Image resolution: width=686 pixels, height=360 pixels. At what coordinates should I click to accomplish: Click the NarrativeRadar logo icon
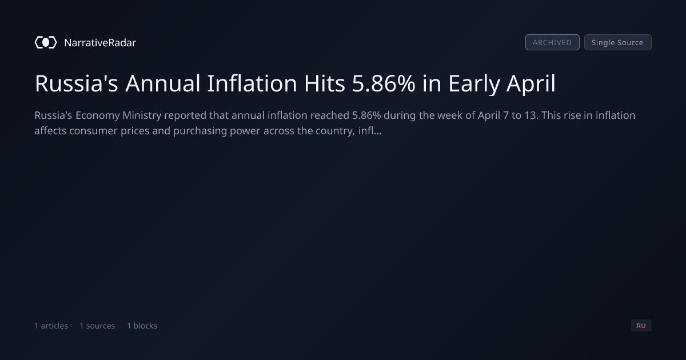46,42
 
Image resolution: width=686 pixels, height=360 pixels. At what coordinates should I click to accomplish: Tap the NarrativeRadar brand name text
100,42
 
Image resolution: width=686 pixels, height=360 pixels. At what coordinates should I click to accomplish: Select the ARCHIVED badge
552,42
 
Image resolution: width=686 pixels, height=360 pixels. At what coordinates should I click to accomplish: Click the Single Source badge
618,42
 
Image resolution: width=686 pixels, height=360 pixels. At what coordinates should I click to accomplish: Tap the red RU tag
641,325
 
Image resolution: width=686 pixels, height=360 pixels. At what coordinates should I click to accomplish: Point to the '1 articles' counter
51,326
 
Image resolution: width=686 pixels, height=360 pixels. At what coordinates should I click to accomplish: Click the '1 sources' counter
97,326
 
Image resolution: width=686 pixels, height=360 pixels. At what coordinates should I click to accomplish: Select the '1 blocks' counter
142,326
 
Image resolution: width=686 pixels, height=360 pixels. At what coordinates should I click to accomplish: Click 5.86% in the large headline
384,83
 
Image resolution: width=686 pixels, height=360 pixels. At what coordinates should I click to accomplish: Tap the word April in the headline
531,84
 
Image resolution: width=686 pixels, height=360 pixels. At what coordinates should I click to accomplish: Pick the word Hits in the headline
325,83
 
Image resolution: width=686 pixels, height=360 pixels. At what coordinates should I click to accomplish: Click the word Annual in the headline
162,83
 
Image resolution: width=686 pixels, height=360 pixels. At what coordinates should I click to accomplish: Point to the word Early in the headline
474,84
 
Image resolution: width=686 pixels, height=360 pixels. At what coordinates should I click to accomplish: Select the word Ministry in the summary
142,115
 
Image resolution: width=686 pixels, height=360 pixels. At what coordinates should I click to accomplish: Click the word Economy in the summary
98,115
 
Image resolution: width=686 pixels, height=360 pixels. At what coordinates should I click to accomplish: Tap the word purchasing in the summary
200,131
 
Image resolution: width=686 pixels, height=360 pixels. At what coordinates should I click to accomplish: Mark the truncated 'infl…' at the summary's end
370,131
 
